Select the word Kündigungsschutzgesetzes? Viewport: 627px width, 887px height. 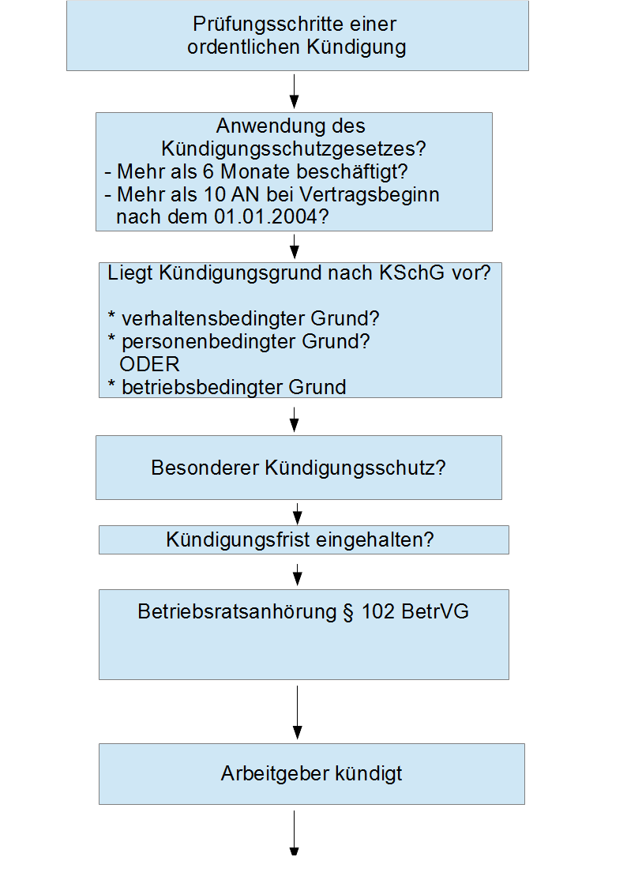294,148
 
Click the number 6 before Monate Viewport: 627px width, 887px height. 208,171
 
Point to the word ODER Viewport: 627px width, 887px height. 149,364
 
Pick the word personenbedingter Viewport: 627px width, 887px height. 209,342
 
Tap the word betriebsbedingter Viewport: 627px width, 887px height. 202,387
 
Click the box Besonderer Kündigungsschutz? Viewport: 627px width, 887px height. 298,468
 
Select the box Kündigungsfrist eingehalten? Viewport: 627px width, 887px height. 303,539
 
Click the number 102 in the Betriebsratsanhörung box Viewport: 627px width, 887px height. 377,611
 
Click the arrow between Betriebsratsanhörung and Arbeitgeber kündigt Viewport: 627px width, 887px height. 298,712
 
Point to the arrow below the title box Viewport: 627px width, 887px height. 294,91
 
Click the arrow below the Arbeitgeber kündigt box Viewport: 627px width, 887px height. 294,833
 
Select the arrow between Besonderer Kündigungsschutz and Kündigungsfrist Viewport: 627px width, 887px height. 298,513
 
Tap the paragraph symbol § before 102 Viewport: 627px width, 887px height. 348,613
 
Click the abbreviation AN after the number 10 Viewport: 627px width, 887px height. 246,194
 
